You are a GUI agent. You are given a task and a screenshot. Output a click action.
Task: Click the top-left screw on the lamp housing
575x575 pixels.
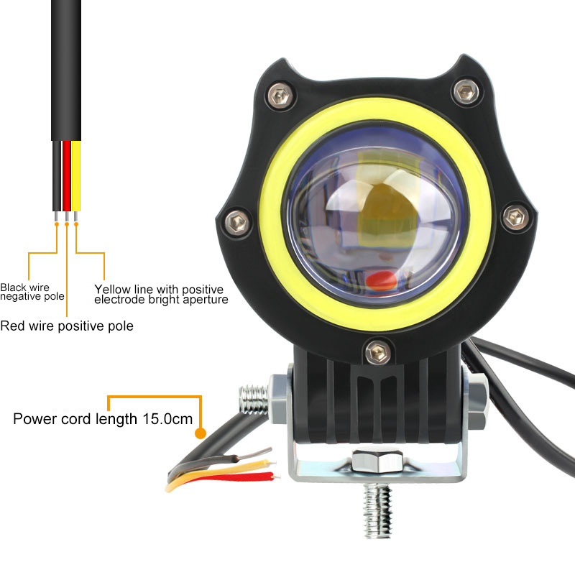pos(280,96)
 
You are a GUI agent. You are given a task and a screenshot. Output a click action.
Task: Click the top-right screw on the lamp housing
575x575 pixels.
pos(466,91)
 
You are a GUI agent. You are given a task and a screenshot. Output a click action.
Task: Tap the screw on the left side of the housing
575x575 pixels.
pos(237,222)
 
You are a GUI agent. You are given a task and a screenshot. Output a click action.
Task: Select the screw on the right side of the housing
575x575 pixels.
pos(515,217)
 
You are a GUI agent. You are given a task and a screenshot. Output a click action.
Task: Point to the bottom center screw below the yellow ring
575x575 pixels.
pos(378,352)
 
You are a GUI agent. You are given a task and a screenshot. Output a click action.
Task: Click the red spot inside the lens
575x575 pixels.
pos(381,280)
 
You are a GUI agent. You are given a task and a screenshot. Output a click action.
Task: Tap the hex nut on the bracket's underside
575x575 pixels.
pos(377,461)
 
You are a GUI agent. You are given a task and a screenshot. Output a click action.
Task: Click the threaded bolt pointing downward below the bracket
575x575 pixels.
pos(378,510)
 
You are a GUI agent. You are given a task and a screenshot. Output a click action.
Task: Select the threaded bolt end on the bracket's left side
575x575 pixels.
pos(254,400)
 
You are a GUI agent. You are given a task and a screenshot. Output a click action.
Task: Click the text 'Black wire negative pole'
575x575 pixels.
pos(32,292)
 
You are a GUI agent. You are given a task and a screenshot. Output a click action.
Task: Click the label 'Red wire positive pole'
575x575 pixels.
pos(67,326)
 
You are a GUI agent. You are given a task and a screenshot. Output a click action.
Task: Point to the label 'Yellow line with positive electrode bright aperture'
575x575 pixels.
pos(161,295)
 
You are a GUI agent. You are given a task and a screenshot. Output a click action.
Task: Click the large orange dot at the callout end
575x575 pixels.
pos(200,433)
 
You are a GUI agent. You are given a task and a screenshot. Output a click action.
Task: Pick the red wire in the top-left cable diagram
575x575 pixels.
pos(66,176)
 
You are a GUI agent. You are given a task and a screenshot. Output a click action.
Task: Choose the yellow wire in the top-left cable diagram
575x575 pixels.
pos(76,176)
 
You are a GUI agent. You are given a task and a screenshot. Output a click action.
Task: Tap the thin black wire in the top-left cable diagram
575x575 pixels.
pos(57,176)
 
